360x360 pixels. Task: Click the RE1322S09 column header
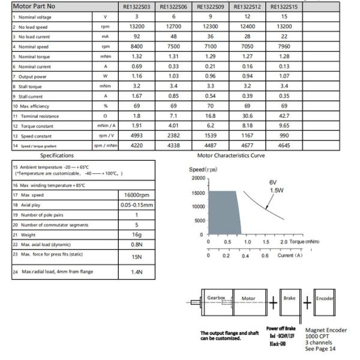[x=210, y=7]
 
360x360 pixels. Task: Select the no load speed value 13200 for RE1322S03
[x=136, y=26]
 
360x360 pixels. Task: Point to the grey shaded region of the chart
[x=224, y=213]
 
